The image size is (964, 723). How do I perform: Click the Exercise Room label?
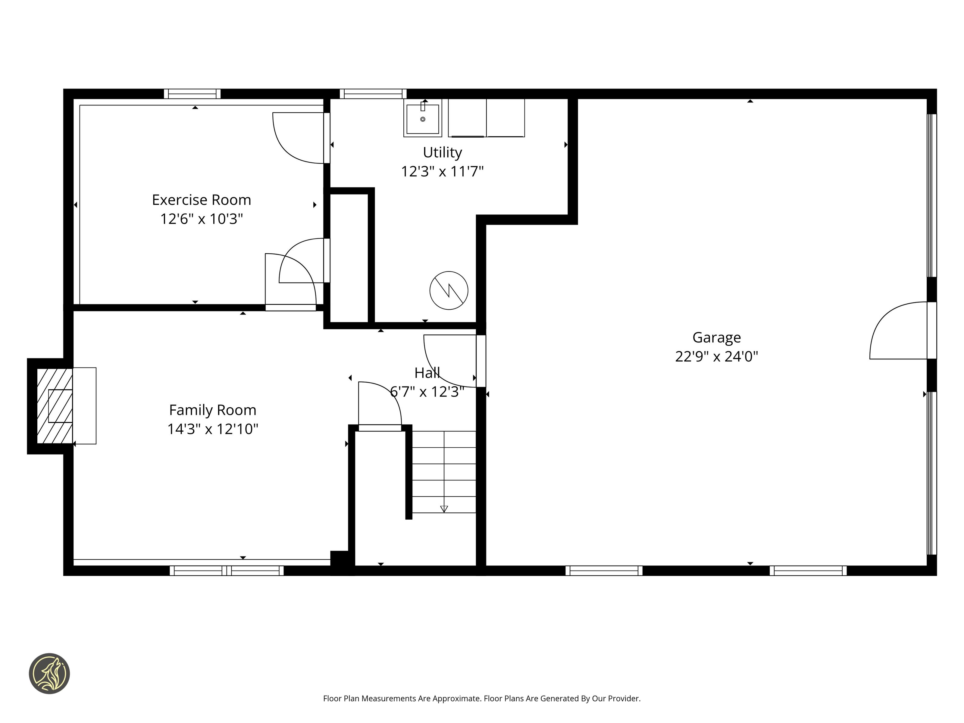[x=201, y=200]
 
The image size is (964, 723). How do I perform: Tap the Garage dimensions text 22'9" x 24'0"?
[x=716, y=356]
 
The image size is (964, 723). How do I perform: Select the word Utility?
[x=442, y=152]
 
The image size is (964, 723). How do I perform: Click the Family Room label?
[x=213, y=410]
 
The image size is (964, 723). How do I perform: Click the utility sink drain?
[x=422, y=119]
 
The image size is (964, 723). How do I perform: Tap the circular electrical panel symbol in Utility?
[x=449, y=290]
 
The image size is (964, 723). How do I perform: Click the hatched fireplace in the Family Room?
[x=55, y=406]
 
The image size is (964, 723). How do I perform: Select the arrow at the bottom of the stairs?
[x=444, y=509]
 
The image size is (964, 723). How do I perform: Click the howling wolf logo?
[x=49, y=673]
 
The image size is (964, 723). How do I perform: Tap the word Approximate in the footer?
[x=456, y=699]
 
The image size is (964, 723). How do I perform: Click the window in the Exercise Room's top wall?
[x=192, y=94]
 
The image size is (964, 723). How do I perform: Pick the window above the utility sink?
[x=373, y=94]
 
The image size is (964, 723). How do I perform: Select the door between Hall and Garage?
[x=481, y=361]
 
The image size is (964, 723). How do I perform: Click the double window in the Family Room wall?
[x=227, y=571]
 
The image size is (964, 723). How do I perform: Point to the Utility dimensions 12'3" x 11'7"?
[x=442, y=172]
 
